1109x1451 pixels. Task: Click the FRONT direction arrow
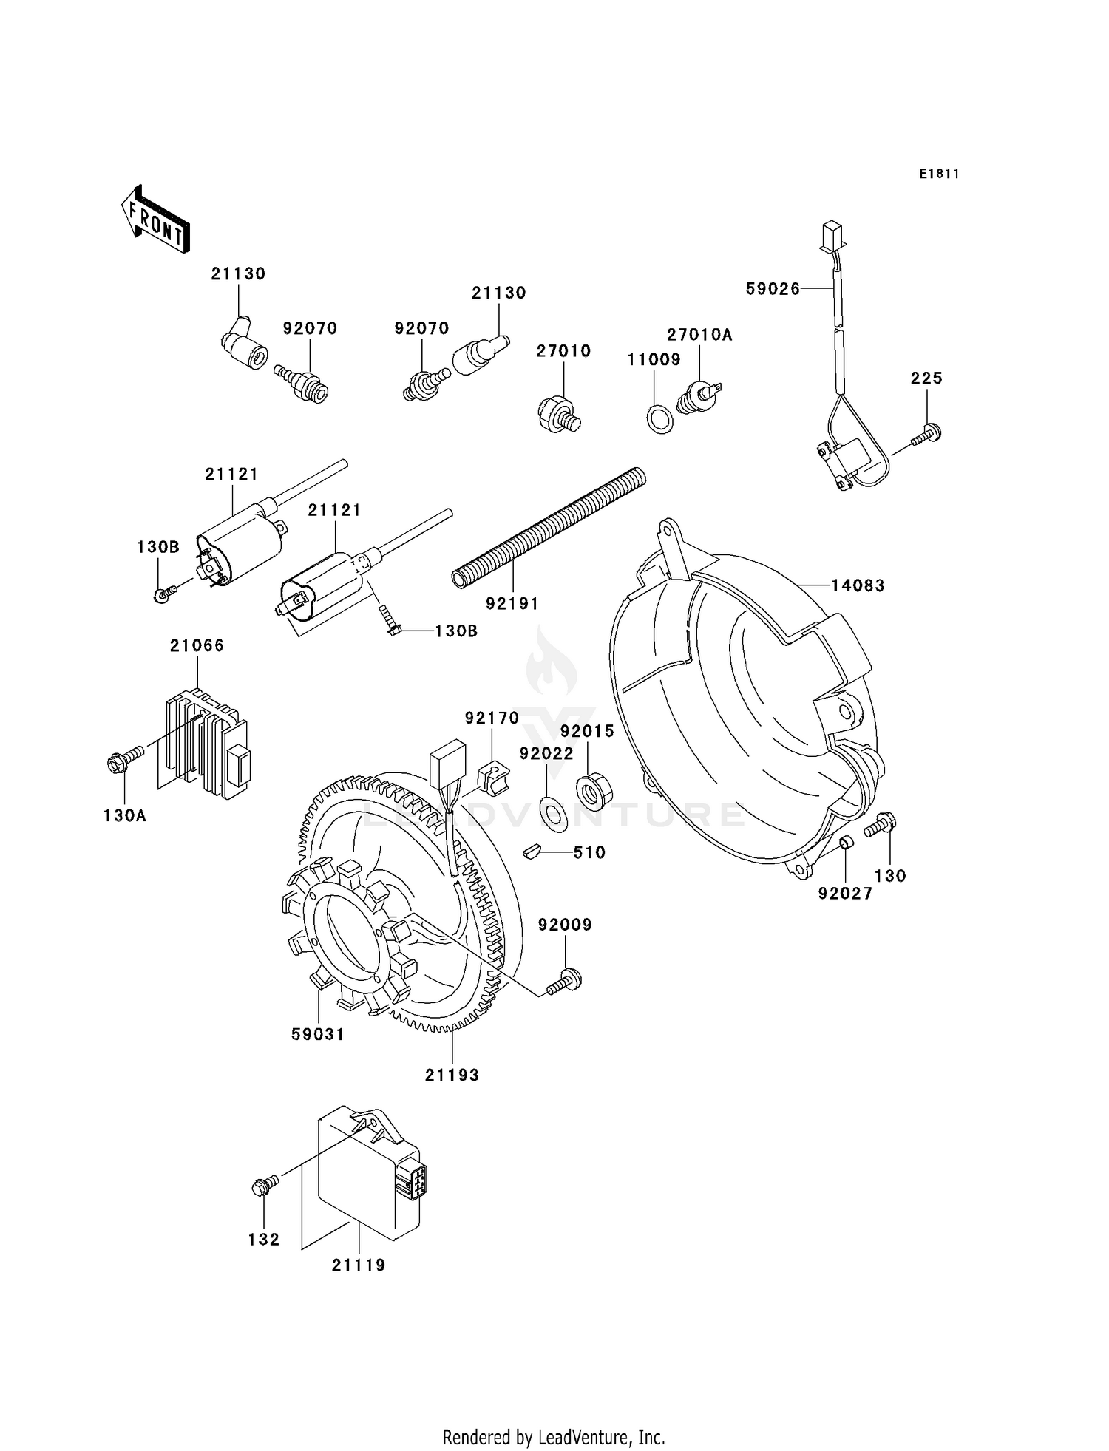click(155, 220)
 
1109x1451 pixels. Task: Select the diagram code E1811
click(939, 174)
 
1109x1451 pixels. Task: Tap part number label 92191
click(512, 604)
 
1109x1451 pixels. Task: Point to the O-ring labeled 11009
click(660, 419)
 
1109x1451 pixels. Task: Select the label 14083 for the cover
click(858, 585)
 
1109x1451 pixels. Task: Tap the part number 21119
click(359, 1265)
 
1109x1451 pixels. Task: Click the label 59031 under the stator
click(318, 1034)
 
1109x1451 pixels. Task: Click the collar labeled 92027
click(847, 843)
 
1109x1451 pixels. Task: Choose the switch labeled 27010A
click(699, 396)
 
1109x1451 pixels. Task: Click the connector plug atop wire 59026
click(832, 235)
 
